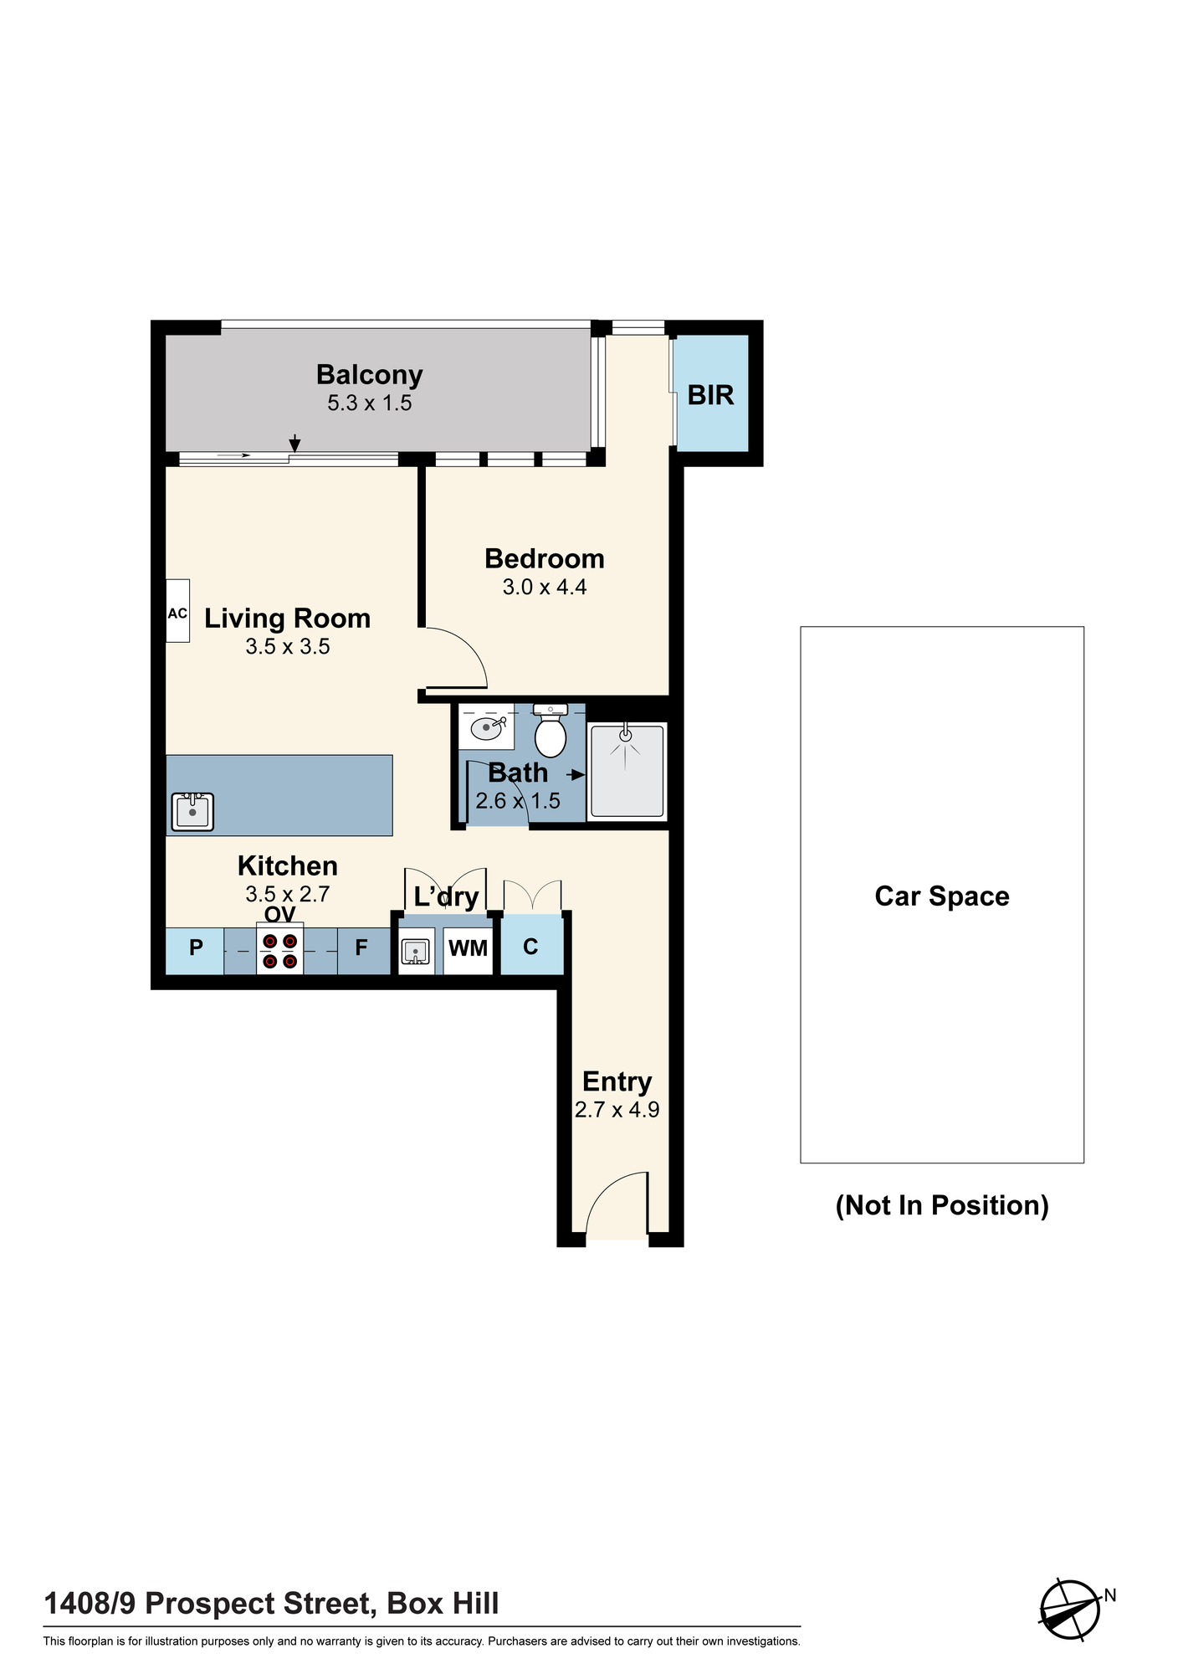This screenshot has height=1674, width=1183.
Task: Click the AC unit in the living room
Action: [177, 611]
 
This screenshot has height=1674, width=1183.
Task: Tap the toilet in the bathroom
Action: [551, 731]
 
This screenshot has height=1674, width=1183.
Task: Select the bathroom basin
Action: [487, 727]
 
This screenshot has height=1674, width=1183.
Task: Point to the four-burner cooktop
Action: [280, 951]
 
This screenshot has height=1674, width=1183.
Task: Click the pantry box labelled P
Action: [195, 951]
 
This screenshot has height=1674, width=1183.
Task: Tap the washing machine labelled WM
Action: [469, 951]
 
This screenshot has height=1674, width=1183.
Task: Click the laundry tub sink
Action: [416, 952]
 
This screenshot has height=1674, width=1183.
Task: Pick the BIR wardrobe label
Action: [711, 395]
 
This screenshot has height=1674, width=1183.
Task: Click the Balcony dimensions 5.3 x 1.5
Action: [370, 403]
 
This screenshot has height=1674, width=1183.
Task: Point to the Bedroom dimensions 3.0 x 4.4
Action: [545, 588]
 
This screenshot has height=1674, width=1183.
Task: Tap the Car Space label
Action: [942, 896]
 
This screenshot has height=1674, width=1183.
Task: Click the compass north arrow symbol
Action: [1071, 1610]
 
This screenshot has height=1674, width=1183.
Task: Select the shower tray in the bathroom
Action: [627, 771]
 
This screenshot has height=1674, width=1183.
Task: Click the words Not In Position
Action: [942, 1205]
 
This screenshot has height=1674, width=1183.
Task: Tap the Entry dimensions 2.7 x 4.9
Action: [617, 1110]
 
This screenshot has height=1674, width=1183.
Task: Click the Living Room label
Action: [288, 619]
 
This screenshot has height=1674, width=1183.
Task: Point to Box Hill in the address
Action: [443, 1604]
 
